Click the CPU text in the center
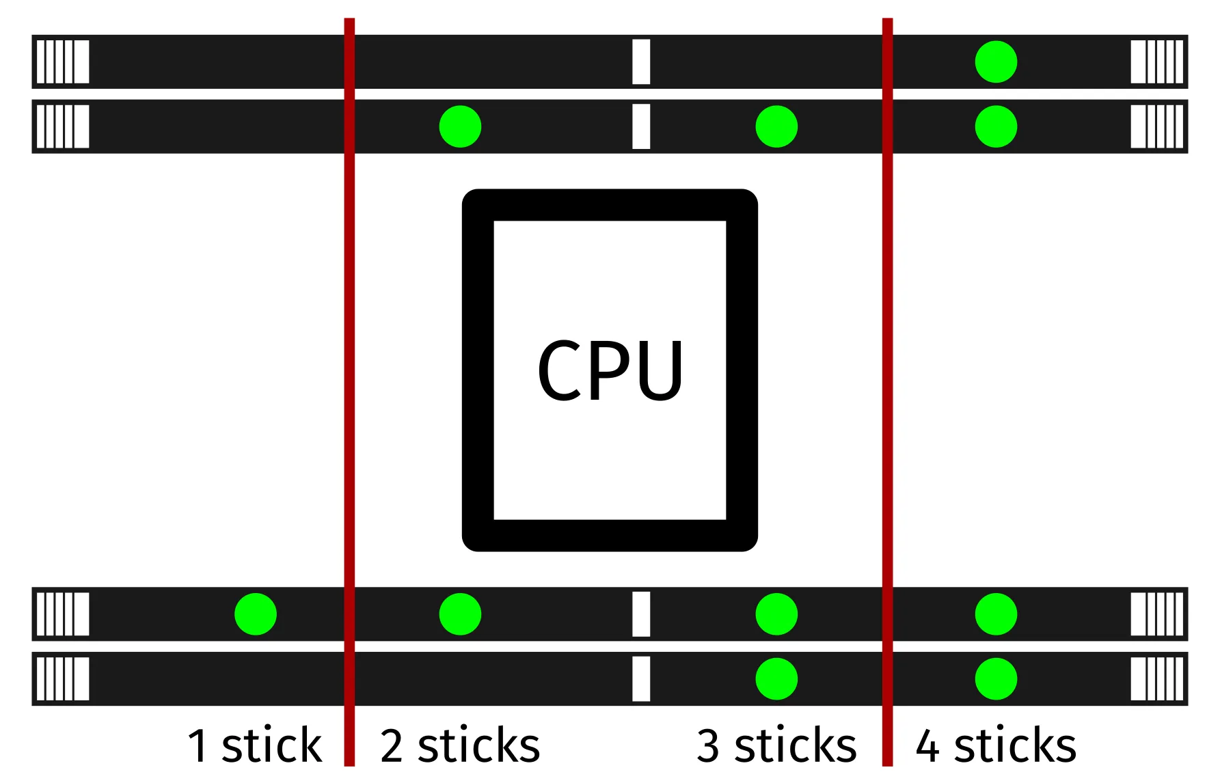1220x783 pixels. pyautogui.click(x=610, y=370)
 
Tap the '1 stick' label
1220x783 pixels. pyautogui.click(x=254, y=745)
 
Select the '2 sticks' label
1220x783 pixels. pyautogui.click(x=460, y=745)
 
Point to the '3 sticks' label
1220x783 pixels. pyautogui.click(x=776, y=745)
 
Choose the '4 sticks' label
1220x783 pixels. pyautogui.click(x=996, y=745)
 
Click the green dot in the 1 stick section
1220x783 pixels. pyautogui.click(x=256, y=614)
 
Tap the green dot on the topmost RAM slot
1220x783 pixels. pyautogui.click(x=996, y=61)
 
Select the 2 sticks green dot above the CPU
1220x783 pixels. pyautogui.click(x=460, y=126)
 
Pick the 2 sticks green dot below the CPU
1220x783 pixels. pyautogui.click(x=460, y=614)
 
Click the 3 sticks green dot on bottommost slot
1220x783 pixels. pyautogui.click(x=776, y=678)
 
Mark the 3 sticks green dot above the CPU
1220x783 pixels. pyautogui.click(x=776, y=126)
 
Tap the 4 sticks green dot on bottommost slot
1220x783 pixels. pyautogui.click(x=996, y=678)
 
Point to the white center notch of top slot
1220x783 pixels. pyautogui.click(x=641, y=61)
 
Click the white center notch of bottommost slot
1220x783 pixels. pyautogui.click(x=641, y=678)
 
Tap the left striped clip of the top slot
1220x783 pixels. pyautogui.click(x=62, y=61)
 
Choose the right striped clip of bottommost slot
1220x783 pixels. pyautogui.click(x=1156, y=678)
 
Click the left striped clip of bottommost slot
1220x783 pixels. pyautogui.click(x=62, y=678)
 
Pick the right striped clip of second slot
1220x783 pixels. pyautogui.click(x=1156, y=126)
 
